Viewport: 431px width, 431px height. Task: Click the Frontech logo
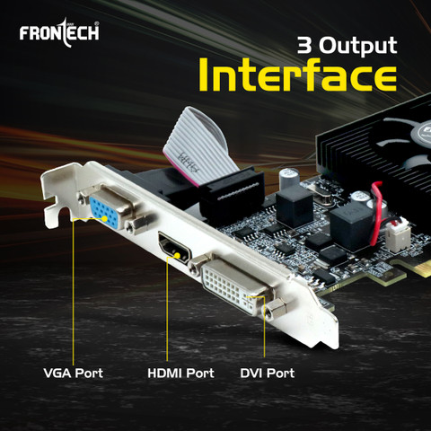pyautogui.click(x=57, y=34)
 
